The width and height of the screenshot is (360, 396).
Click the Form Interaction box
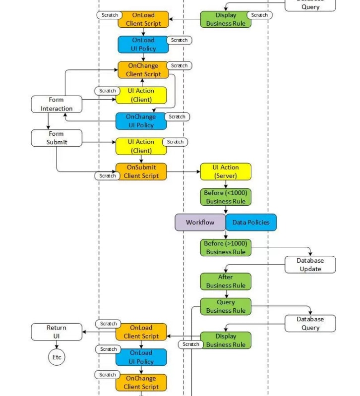pos(56,104)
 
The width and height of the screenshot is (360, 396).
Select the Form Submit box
pos(56,138)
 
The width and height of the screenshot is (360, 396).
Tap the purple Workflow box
pos(200,222)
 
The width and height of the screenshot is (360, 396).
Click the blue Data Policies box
pos(251,222)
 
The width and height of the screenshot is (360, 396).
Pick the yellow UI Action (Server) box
pos(226,171)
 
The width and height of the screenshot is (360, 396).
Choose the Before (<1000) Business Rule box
pos(226,197)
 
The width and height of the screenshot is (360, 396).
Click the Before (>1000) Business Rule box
pos(226,248)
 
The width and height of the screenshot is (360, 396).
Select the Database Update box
pos(310,265)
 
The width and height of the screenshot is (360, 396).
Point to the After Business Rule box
pos(226,282)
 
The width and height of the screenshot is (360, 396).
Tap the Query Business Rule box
pos(226,306)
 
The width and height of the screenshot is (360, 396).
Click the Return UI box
pos(56,332)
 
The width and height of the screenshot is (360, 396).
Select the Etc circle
pos(57,357)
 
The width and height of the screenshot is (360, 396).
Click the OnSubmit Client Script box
pos(141,171)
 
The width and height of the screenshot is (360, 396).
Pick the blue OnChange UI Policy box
pos(141,121)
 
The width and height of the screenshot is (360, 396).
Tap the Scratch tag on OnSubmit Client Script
pos(108,176)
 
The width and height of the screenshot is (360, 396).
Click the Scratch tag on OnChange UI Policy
pos(177,117)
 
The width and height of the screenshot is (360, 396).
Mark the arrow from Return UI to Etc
pos(57,345)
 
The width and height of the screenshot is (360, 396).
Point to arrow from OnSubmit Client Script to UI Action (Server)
pos(183,172)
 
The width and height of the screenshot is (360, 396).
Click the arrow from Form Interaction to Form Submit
pos(48,121)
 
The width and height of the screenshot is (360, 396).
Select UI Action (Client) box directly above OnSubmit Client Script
pos(141,146)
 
